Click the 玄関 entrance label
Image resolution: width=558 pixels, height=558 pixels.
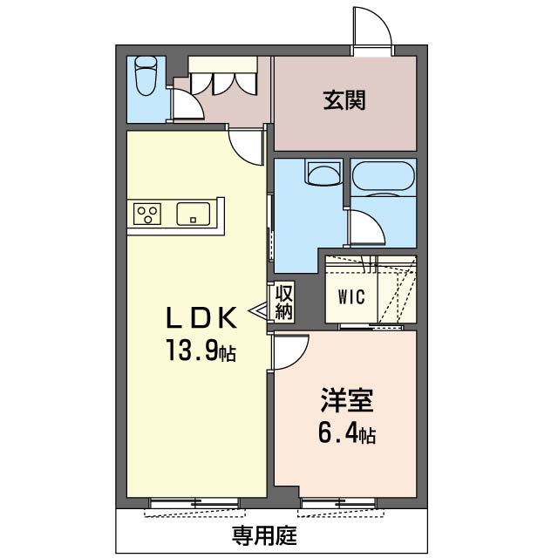(x=344, y=100)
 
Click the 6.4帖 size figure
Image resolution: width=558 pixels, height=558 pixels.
(x=346, y=433)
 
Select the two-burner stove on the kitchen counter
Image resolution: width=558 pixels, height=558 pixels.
(x=147, y=213)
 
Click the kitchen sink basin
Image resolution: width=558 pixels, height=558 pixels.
(x=193, y=213)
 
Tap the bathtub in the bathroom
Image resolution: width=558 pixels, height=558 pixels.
(x=384, y=177)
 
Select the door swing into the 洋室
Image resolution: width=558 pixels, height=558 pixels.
(x=291, y=350)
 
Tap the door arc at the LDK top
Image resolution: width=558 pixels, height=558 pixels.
(x=245, y=146)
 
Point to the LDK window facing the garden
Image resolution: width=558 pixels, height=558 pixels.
(x=193, y=502)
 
